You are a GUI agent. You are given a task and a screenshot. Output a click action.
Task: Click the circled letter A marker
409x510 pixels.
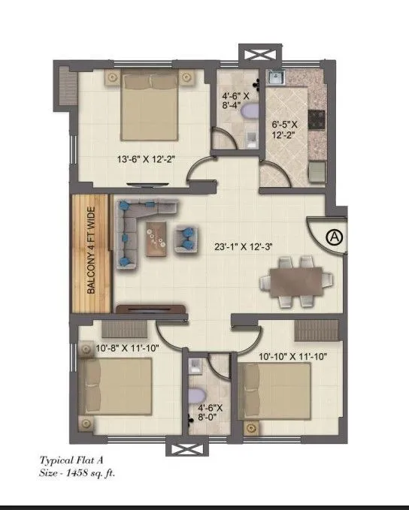coord(335,237)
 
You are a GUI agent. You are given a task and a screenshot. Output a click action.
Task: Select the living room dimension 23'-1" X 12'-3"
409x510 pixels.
coord(236,245)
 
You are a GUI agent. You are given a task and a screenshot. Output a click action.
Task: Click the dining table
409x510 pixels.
coord(295,282)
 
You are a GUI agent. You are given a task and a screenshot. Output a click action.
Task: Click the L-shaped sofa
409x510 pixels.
coord(135,225)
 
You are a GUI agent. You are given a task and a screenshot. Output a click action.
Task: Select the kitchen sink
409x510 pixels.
coord(274,76)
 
